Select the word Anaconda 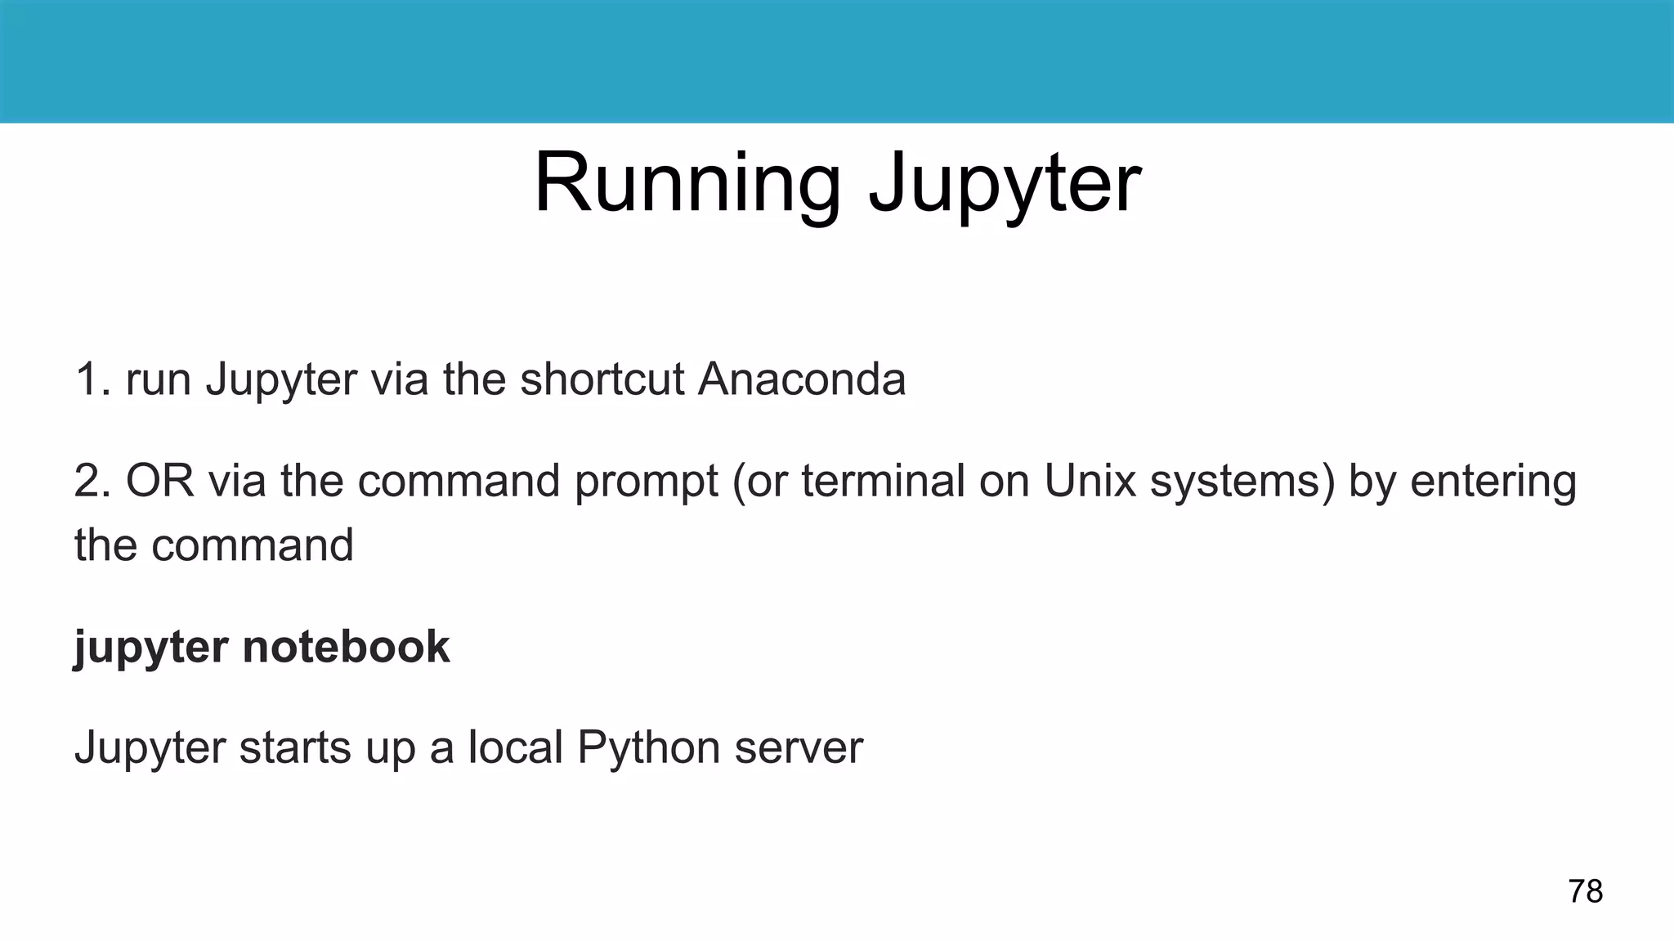coord(801,379)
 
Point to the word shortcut coord(602,379)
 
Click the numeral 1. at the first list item coord(93,379)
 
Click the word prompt coord(645,482)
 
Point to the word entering coord(1493,482)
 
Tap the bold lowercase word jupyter coord(151,648)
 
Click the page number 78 coord(1585,890)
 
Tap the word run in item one coord(159,381)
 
